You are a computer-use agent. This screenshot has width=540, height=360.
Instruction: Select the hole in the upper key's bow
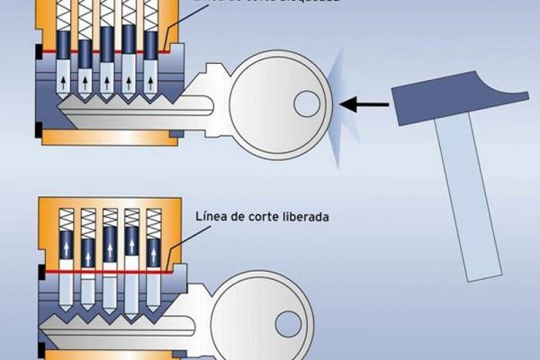coord(307,103)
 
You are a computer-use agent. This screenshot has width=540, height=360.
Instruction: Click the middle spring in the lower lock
coord(109,221)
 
